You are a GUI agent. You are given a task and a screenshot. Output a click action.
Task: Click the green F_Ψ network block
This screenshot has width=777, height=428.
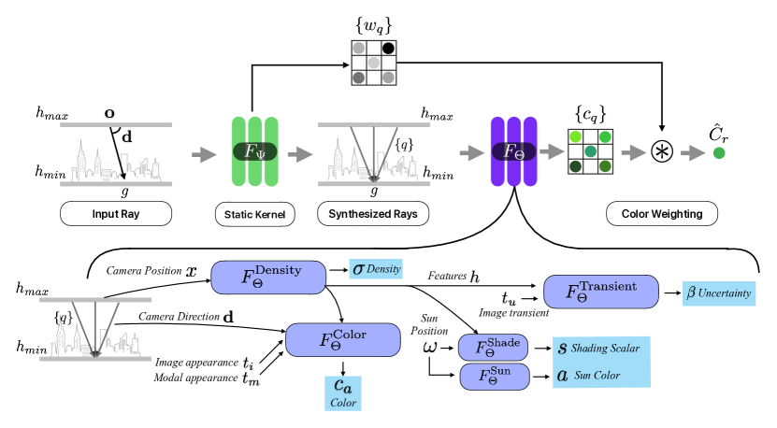[x=254, y=151]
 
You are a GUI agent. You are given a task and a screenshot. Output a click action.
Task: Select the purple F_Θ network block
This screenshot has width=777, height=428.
[x=513, y=151]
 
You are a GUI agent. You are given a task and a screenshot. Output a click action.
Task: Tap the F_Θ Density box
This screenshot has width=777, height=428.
[x=268, y=277]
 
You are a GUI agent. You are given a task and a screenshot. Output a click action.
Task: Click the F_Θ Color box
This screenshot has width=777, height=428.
[x=342, y=339]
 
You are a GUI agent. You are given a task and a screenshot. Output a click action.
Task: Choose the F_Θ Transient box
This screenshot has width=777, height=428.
[x=600, y=292]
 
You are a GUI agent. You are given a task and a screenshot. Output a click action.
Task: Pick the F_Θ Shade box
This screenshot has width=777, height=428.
[x=493, y=348]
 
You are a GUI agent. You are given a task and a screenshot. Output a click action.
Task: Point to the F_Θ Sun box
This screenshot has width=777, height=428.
[x=494, y=377]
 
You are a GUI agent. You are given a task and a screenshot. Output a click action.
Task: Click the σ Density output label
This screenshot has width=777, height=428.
[x=375, y=269]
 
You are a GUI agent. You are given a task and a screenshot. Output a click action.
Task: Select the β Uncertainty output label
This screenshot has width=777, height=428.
[x=718, y=293]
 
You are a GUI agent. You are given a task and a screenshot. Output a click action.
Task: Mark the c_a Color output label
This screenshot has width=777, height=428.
[x=342, y=392]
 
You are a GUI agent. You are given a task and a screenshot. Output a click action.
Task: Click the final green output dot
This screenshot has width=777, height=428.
[x=718, y=153]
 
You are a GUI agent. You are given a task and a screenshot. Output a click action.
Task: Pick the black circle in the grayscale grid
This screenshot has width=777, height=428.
[x=388, y=48]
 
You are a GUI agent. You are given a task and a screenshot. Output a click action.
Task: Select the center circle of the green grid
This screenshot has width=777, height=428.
[x=590, y=151]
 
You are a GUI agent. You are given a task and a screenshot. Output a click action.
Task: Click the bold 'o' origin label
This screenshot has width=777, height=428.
[x=110, y=114]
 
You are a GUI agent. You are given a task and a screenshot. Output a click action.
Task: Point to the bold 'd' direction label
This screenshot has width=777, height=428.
[x=127, y=137]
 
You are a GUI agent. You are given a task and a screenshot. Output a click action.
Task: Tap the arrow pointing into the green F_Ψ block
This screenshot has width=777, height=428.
[x=204, y=154]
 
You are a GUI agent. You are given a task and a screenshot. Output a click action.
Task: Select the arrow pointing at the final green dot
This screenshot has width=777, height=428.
[x=692, y=153]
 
